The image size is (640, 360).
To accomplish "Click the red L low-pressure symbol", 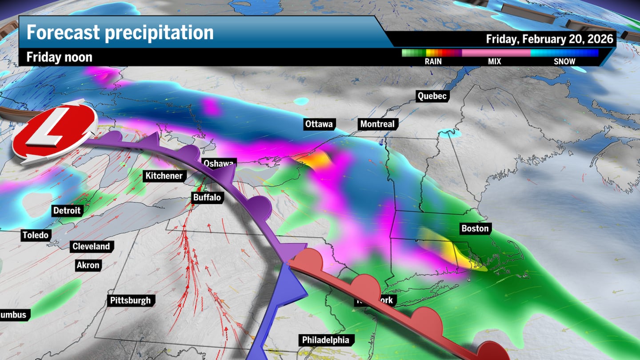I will point(53,132).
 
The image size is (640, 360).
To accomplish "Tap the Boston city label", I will point(475,228).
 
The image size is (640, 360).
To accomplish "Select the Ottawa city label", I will point(319,124).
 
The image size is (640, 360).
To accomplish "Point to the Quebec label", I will point(432,96).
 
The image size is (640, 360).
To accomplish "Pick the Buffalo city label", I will point(207,197).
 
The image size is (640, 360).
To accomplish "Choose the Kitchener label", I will point(164,176).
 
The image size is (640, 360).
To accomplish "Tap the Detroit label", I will point(67,210).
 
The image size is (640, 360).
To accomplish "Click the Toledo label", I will point(36,235).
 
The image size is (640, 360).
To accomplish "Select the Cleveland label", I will point(91,246).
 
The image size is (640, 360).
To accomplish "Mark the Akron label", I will point(88,265).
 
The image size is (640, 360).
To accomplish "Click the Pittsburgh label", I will point(131,300).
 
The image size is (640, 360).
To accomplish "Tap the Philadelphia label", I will point(325,340).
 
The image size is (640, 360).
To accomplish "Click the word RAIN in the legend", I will point(433,61).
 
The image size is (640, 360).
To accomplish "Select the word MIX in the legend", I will point(494,61).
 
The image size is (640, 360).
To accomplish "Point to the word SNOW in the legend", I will point(564,61).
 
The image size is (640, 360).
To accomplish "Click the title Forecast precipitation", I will point(120,32).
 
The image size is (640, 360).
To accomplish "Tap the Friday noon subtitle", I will point(59,57).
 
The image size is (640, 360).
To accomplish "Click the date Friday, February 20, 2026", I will point(550,39).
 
